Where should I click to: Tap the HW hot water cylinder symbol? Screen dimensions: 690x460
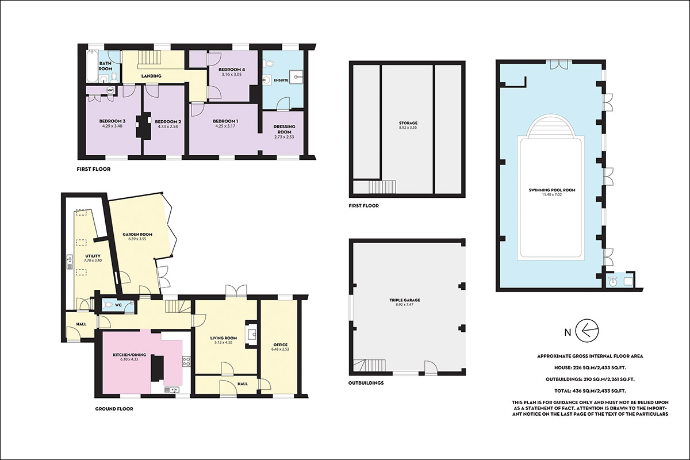point(110,90)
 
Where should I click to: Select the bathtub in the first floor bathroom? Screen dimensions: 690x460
point(92,67)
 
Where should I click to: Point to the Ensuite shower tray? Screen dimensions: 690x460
point(296,77)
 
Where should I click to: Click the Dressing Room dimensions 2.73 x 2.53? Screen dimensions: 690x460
point(284,137)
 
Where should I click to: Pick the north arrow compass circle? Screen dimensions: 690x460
point(587,331)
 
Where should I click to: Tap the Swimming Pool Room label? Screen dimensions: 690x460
point(552,190)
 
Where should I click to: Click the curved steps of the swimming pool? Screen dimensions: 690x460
point(551,126)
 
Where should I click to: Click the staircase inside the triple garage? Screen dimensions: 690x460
point(369,365)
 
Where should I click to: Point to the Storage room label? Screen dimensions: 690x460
point(408,123)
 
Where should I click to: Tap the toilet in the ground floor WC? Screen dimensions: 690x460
point(109,305)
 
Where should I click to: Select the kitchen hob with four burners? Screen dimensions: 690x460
point(187,361)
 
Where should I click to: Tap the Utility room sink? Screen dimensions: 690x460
point(70,262)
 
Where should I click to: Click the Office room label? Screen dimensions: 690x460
point(281,345)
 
